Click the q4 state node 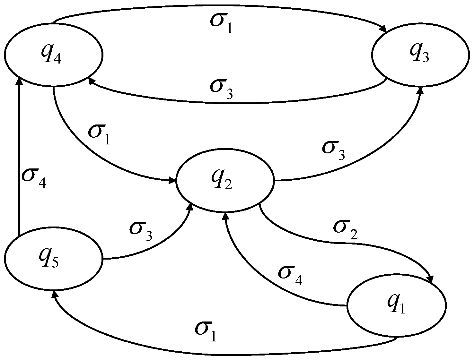[x=53, y=55]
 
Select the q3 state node [x=420, y=55]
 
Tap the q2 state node [x=225, y=181]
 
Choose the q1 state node [x=396, y=305]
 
